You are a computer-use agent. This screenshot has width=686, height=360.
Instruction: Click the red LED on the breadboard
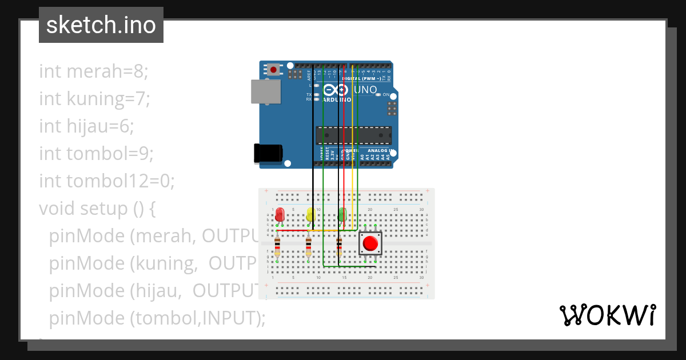click(280, 215)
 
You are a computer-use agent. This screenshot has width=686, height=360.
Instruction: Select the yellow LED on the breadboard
click(310, 215)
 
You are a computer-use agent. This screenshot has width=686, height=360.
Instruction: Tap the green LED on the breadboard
click(342, 215)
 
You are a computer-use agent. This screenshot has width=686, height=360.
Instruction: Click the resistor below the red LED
click(277, 247)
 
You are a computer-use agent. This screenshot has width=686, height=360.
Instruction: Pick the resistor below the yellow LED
click(308, 247)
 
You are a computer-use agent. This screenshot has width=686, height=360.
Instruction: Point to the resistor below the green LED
click(339, 246)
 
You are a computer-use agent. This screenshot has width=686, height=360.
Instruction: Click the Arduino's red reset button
click(274, 70)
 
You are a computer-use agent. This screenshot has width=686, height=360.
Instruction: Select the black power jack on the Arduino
click(267, 153)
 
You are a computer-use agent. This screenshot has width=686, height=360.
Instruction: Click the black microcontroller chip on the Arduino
click(354, 135)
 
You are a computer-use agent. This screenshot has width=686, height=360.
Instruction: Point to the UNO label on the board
click(366, 90)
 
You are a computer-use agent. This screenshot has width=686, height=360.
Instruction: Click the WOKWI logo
click(607, 315)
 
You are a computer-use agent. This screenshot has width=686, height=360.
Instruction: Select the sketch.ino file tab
click(101, 25)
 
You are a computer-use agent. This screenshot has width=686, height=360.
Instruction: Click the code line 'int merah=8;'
click(94, 71)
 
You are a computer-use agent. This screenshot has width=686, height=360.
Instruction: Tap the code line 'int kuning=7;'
click(94, 99)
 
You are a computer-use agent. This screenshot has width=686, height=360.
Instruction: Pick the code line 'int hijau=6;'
click(86, 126)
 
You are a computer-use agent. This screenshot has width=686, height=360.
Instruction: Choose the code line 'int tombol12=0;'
click(107, 181)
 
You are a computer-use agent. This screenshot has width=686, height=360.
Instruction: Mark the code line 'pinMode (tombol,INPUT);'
click(157, 318)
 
